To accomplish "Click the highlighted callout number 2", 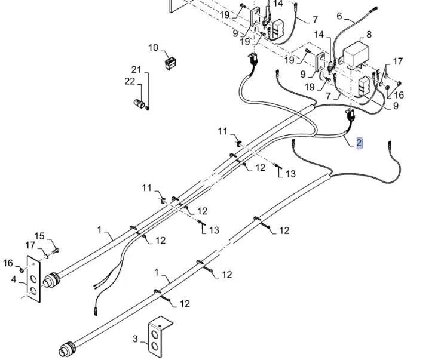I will click(x=359, y=143).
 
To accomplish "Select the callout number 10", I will click(x=154, y=48).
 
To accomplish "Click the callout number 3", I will click(x=135, y=339).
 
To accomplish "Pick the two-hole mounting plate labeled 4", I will click(x=33, y=280).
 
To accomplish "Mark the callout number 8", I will click(x=369, y=35).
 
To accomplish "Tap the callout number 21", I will click(x=136, y=70).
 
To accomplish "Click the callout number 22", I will click(x=130, y=82).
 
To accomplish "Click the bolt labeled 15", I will click(x=54, y=250).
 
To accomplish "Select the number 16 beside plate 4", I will click(x=8, y=263).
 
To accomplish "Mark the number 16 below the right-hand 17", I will click(x=399, y=95).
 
